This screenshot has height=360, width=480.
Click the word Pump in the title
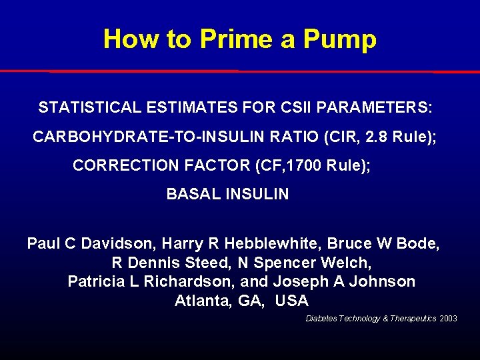coord(339,39)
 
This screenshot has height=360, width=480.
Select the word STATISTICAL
coord(89,107)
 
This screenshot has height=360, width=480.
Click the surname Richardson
coord(187,281)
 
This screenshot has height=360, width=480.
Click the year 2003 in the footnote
coord(449,319)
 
